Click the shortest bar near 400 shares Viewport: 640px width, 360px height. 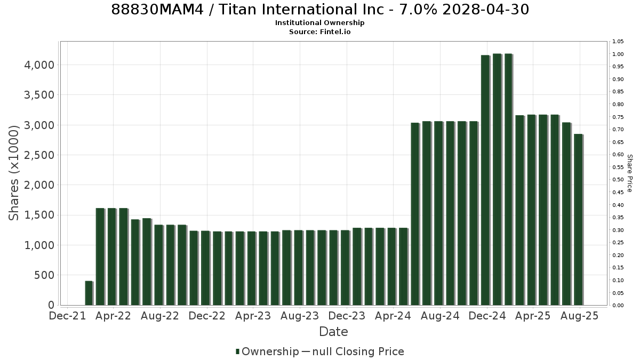tap(89, 293)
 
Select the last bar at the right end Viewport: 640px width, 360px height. tap(579, 219)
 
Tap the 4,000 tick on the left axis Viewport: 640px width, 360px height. tap(39, 65)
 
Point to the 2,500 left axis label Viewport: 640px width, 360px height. tap(39, 155)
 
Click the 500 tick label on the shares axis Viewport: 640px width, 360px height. tap(44, 275)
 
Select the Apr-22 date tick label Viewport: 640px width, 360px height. tap(113, 316)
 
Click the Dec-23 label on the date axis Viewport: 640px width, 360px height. tap(347, 316)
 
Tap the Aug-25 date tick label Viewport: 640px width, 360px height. tap(580, 316)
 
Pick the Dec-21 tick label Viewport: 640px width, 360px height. tap(67, 316)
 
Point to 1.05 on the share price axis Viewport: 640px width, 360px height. tap(618, 42)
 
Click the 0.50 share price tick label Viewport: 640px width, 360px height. tap(618, 180)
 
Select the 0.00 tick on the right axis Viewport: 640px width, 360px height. tap(618, 306)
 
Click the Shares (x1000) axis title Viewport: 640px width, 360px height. tap(13, 173)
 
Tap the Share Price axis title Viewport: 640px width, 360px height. tap(630, 173)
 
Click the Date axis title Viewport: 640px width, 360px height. tap(333, 332)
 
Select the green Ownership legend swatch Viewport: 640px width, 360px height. tap(237, 351)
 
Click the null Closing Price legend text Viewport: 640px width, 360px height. tap(358, 351)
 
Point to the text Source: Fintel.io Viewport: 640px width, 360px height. tap(319, 31)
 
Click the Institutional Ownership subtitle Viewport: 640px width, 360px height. tap(319, 23)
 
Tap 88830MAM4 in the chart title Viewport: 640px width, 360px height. tap(157, 10)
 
